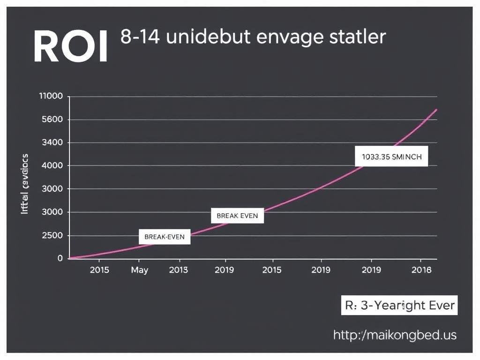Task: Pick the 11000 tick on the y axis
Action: coord(52,97)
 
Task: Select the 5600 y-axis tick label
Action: coord(52,120)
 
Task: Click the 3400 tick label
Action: coord(52,142)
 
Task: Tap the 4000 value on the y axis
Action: coord(52,165)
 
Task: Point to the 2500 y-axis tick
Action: coord(52,235)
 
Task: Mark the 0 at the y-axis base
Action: coord(60,258)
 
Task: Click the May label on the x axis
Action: coord(139,270)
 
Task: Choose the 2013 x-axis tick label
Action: coord(178,270)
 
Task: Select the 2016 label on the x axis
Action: coord(420,270)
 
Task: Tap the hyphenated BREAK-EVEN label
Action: coord(165,237)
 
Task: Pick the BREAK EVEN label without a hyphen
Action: coord(237,216)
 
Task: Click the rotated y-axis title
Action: coord(25,184)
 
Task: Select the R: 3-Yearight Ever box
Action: coord(399,306)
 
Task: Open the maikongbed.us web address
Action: coord(395,335)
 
